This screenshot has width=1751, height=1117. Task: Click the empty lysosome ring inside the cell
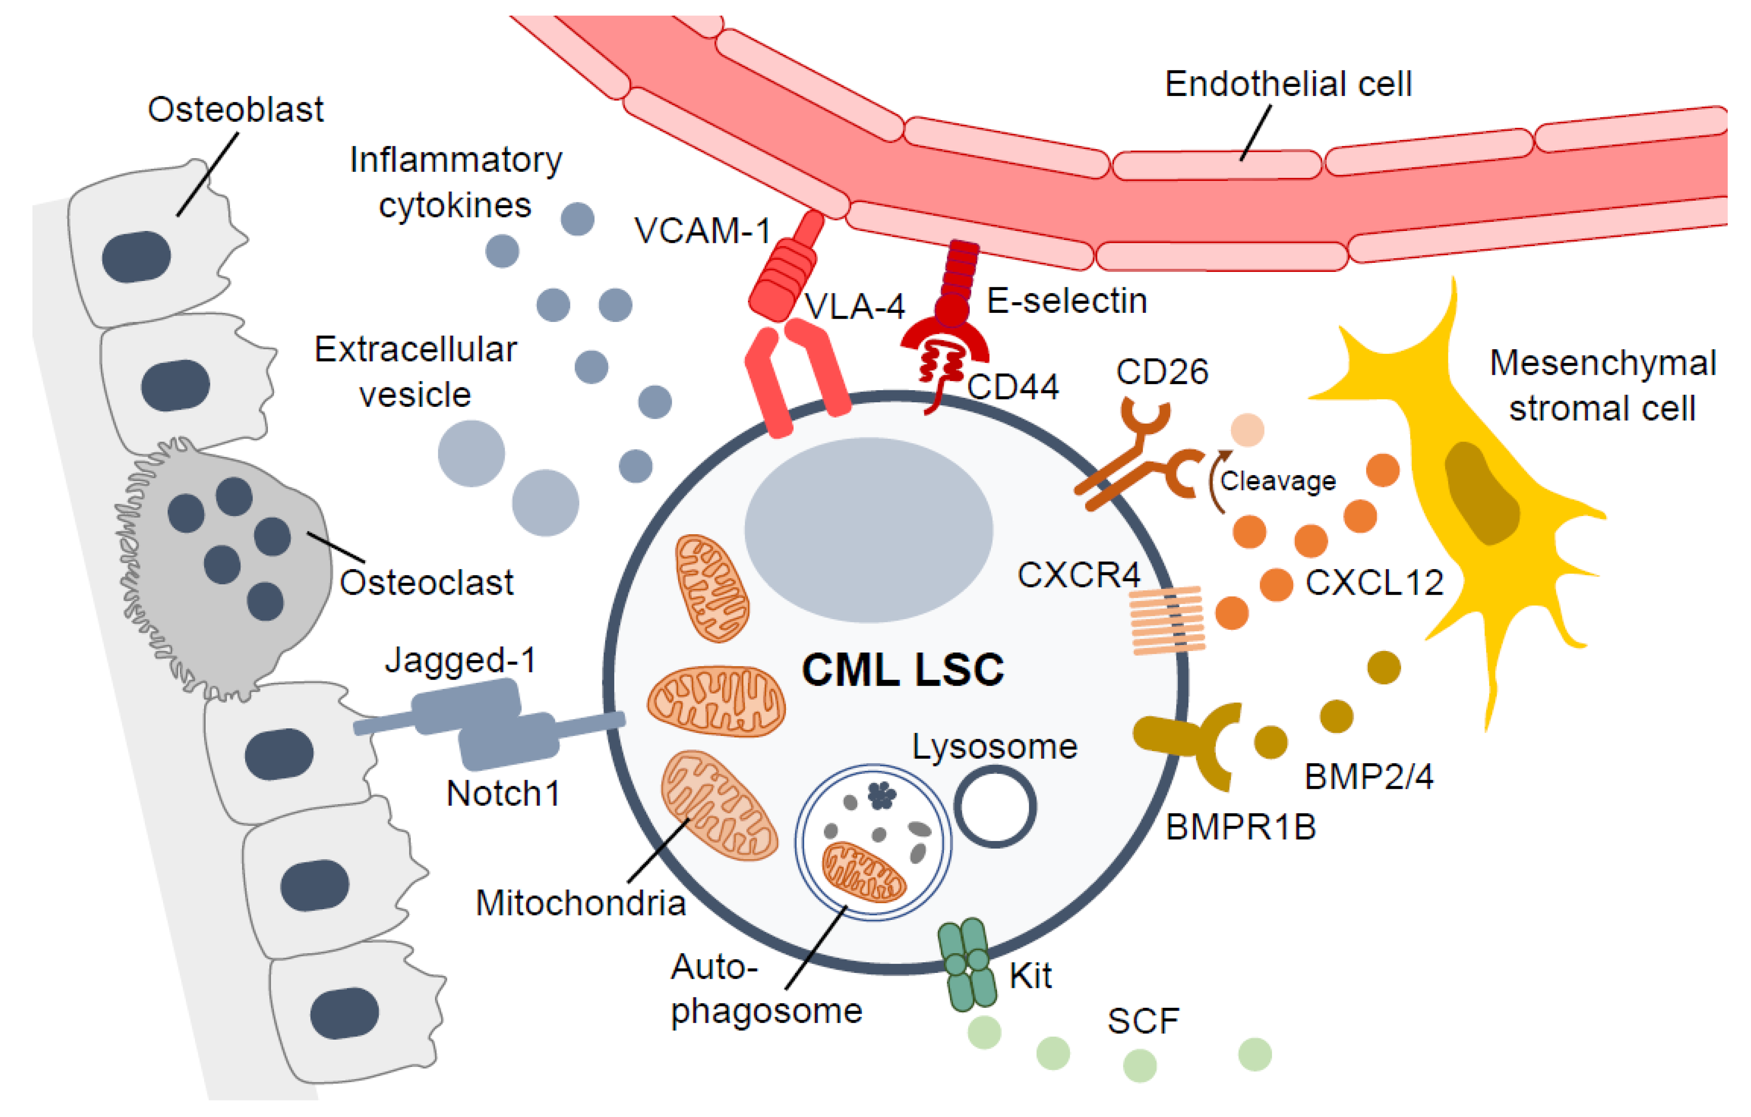click(x=995, y=807)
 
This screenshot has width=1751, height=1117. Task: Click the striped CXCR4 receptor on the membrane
click(x=1167, y=620)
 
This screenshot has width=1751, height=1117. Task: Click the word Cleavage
click(x=1277, y=480)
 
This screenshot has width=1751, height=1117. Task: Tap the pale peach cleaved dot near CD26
click(x=1247, y=430)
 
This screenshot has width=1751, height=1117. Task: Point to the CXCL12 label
click(x=1373, y=582)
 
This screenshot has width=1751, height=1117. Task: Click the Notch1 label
click(x=503, y=793)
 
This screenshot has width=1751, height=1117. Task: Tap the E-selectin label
click(x=1067, y=300)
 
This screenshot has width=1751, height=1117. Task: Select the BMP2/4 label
click(x=1369, y=777)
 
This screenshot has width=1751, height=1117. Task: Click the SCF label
click(x=1143, y=1021)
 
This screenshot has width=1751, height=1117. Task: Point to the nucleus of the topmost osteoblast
click(x=137, y=257)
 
